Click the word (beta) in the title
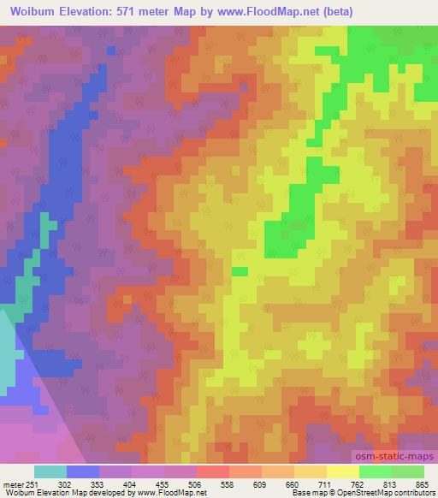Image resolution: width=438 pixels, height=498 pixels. [328, 10]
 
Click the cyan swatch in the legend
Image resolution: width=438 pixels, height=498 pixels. [50, 472]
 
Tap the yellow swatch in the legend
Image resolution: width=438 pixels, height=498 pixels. [343, 472]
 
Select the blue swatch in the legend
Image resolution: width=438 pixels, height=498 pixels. [83, 472]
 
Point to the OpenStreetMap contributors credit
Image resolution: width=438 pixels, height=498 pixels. [389, 493]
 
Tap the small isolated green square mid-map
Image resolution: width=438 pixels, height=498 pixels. [240, 271]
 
